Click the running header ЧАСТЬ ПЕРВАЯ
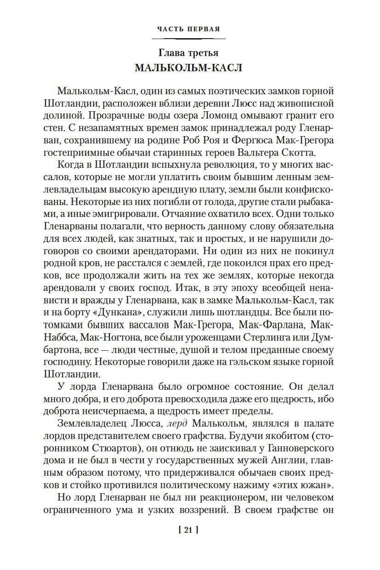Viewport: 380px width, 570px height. (x=188, y=29)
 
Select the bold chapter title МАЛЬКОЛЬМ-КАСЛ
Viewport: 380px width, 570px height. (x=188, y=68)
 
